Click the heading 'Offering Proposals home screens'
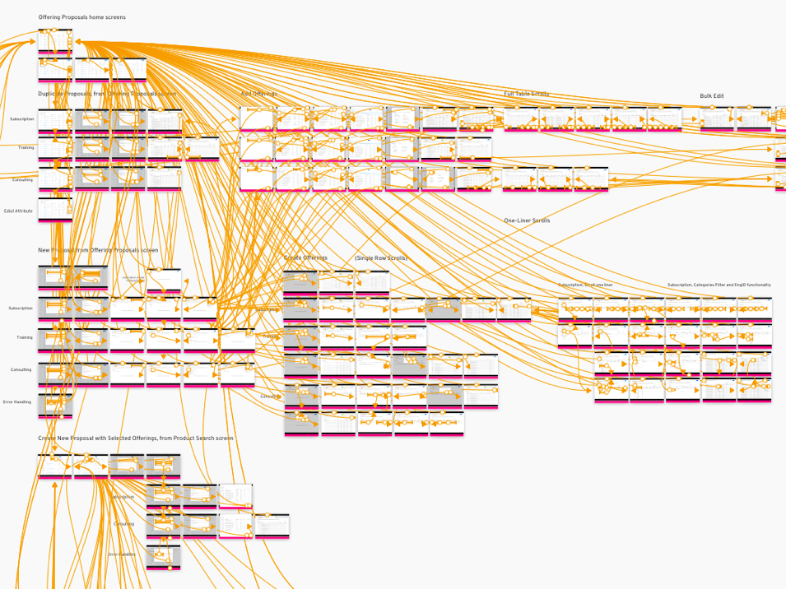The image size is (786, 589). (81, 17)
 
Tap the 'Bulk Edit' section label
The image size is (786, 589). (712, 96)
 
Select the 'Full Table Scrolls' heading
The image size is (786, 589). (527, 94)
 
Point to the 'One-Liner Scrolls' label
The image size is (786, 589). (527, 220)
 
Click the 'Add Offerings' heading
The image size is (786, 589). (258, 94)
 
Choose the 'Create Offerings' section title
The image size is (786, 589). (305, 258)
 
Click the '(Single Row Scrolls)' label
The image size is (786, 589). (381, 258)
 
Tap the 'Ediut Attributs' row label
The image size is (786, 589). (17, 211)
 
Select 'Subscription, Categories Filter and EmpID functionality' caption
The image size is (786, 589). (719, 285)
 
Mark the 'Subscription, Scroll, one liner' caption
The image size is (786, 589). (585, 285)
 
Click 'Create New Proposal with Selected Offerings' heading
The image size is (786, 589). (135, 438)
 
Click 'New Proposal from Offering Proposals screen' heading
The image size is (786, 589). (98, 250)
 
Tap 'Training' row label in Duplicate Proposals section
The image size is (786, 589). (26, 147)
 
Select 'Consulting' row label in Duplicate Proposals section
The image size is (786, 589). (23, 179)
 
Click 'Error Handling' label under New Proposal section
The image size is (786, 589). (17, 402)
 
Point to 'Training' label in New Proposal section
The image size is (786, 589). (25, 337)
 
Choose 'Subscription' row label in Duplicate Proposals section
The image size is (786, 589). (22, 119)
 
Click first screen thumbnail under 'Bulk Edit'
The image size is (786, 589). (717, 118)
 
